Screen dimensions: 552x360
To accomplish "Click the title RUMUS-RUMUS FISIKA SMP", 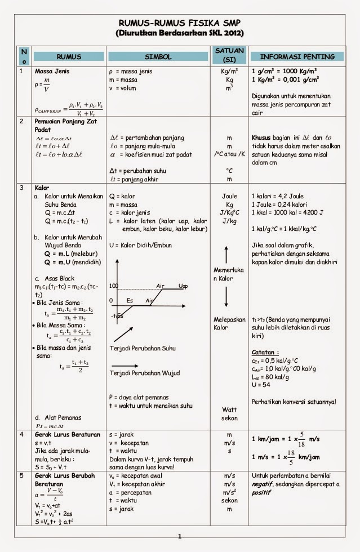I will pos(180,23).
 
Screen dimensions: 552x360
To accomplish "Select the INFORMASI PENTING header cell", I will pos(296,57).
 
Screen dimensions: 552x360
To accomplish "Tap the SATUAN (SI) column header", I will pos(229,55).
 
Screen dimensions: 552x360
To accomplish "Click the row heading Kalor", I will pos(42,187).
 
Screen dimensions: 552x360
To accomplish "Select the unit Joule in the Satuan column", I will pos(229,196).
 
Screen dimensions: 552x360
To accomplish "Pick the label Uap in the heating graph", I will pos(183,286).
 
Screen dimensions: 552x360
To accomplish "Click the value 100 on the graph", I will pos(114,286).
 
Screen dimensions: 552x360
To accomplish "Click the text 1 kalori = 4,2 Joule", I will pos(278,196).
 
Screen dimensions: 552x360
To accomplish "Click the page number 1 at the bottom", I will pos(180,537).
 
